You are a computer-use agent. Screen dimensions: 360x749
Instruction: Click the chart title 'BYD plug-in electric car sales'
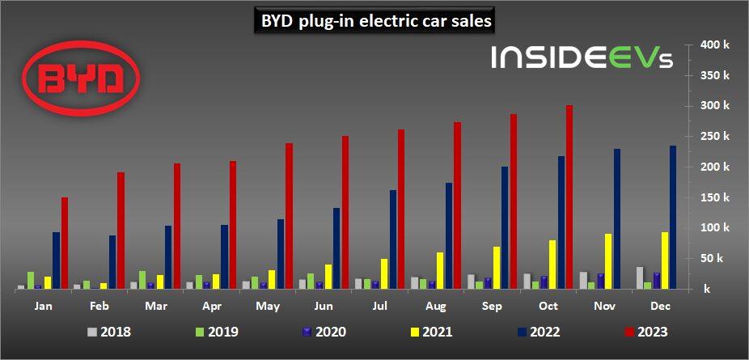tap(374, 22)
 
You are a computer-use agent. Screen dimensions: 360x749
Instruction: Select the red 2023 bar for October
tap(569, 197)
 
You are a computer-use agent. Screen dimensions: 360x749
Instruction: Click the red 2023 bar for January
tap(65, 243)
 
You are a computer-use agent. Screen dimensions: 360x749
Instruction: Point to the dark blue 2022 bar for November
tap(617, 218)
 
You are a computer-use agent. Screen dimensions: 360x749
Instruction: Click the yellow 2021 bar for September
tap(497, 268)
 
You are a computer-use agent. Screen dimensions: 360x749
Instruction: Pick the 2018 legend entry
tap(108, 331)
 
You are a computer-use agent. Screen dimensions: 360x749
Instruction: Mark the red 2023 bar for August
tap(457, 205)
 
